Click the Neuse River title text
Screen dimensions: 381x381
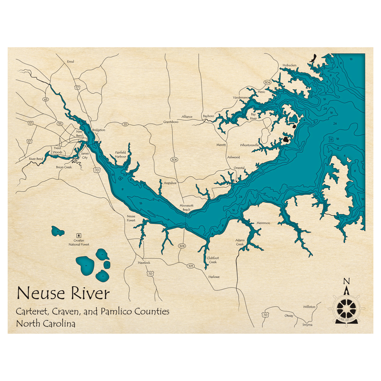tap(63, 294)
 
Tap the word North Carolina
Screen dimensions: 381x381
tap(45, 324)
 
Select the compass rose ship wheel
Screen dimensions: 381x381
tap(346, 306)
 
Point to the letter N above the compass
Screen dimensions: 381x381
tap(346, 282)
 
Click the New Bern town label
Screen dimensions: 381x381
tap(79, 134)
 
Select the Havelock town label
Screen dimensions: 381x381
tap(144, 263)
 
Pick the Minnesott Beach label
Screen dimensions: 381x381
tap(187, 208)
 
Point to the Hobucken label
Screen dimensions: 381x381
tap(289, 65)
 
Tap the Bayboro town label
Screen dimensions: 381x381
tap(208, 116)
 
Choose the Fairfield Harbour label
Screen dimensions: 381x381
tap(121, 154)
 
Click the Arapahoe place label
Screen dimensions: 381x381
tap(170, 183)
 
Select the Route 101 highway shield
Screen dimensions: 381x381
tap(190, 266)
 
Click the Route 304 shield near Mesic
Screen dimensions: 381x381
tap(267, 82)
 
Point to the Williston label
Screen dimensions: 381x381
tap(309, 307)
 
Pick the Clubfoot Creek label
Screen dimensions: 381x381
tap(212, 260)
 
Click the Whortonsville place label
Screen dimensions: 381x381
tap(250, 145)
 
